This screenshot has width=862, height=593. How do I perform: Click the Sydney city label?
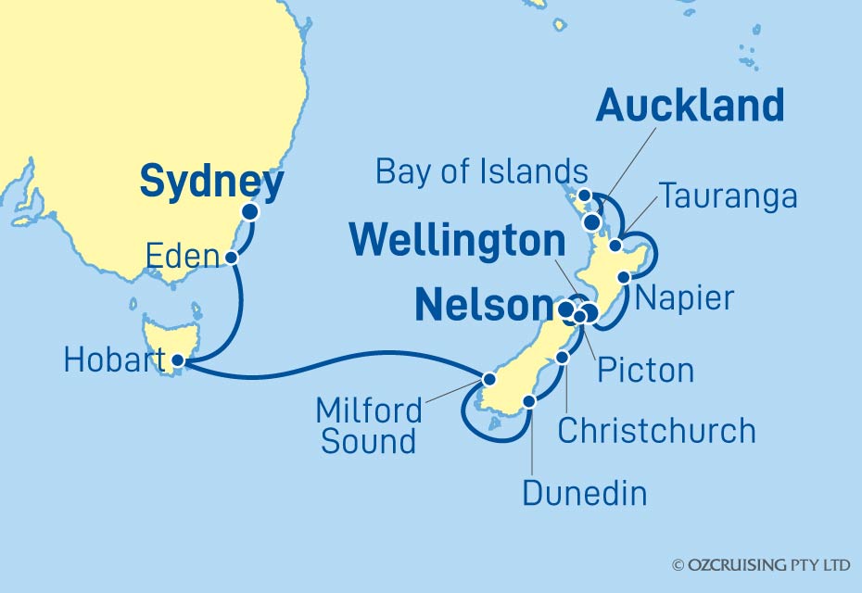pyautogui.click(x=211, y=183)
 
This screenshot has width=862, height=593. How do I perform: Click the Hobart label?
pyautogui.click(x=109, y=360)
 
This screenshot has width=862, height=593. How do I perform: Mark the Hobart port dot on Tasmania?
pyautogui.click(x=178, y=361)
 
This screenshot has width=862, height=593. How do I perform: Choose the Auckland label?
pyautogui.click(x=690, y=107)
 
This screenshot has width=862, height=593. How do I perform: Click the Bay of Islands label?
pyautogui.click(x=482, y=171)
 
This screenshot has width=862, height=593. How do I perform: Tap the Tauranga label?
pyautogui.click(x=728, y=196)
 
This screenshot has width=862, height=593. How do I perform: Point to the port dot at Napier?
pyautogui.click(x=624, y=277)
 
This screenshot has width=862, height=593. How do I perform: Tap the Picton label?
pyautogui.click(x=646, y=370)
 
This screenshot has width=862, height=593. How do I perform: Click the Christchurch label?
pyautogui.click(x=656, y=430)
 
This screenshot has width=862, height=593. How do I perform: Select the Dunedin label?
pyautogui.click(x=584, y=492)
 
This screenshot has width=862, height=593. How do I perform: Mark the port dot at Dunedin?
pyautogui.click(x=529, y=402)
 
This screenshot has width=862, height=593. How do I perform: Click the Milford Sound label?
pyautogui.click(x=369, y=425)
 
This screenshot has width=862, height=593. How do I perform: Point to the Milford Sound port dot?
pyautogui.click(x=488, y=378)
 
